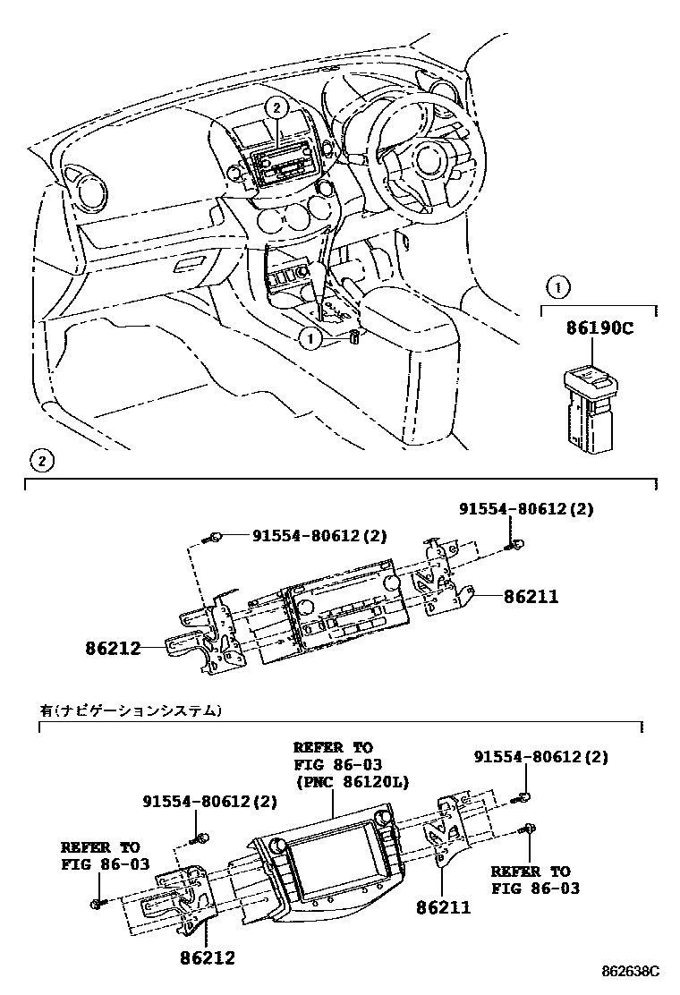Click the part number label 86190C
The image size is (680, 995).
(x=599, y=328)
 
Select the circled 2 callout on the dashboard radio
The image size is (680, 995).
(x=277, y=107)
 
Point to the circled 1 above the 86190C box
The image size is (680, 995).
(x=557, y=287)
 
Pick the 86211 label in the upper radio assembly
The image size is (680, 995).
(x=531, y=597)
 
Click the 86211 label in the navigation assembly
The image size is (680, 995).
(x=443, y=907)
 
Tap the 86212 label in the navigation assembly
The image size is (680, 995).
(x=208, y=958)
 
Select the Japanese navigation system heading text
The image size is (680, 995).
(x=130, y=711)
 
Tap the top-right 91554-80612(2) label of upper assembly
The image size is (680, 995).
(x=527, y=509)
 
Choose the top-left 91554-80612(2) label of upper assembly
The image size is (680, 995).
(x=319, y=536)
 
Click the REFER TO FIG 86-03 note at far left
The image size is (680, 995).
(x=100, y=855)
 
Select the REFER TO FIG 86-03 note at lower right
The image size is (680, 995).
(x=535, y=880)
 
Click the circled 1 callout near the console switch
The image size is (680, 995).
(x=310, y=338)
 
